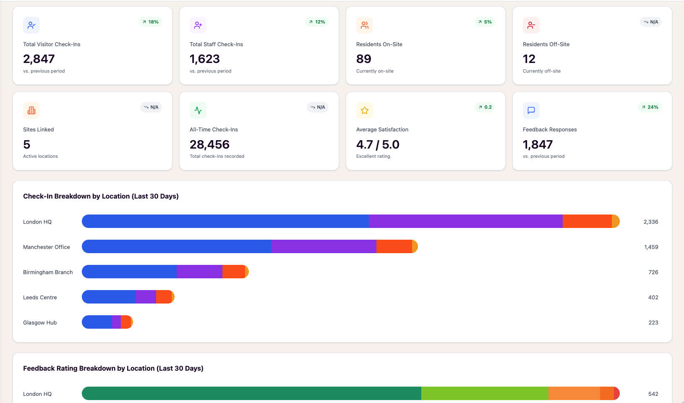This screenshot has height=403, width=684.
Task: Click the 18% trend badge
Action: (150, 22)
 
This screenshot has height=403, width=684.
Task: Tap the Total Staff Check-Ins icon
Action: (198, 25)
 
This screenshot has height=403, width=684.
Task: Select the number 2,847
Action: (39, 59)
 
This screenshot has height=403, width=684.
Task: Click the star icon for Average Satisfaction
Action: (365, 110)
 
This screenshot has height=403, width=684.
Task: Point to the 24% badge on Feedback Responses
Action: (650, 107)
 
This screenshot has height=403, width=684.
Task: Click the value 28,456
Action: (209, 144)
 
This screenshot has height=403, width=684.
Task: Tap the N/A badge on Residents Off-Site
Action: (651, 22)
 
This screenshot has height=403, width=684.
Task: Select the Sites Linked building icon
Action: (31, 110)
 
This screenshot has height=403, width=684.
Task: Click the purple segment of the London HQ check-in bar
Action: (466, 221)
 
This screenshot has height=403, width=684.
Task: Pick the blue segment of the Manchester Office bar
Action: (177, 246)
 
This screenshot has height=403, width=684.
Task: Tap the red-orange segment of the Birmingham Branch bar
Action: (234, 272)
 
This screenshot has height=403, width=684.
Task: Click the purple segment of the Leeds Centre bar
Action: (146, 297)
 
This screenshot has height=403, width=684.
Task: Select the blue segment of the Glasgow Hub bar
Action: (97, 322)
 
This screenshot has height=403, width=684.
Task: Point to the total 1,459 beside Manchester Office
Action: (651, 247)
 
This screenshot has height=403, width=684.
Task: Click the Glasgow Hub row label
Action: (40, 323)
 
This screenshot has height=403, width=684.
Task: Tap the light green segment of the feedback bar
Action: (485, 393)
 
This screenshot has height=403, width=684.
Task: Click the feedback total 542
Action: (653, 394)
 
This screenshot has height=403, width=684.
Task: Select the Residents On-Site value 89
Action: (364, 59)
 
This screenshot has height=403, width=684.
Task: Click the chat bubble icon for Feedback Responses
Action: (531, 110)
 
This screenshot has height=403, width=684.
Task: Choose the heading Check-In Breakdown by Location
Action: (101, 196)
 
